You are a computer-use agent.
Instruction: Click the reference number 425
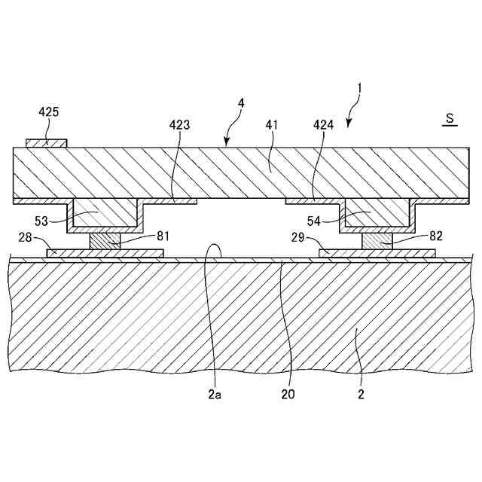click(x=49, y=112)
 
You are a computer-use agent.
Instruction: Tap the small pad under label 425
click(x=47, y=142)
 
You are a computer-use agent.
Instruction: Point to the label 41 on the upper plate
click(x=271, y=126)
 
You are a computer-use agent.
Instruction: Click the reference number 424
click(x=324, y=126)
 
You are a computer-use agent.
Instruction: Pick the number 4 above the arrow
click(x=240, y=117)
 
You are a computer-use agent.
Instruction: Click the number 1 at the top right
click(x=360, y=88)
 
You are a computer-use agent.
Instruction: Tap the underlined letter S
click(x=450, y=117)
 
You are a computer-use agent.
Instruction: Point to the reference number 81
click(x=142, y=235)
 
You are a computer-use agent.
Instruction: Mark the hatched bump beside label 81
click(x=105, y=241)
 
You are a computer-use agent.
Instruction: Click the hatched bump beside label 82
click(x=377, y=241)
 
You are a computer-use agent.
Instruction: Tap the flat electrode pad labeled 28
click(x=105, y=254)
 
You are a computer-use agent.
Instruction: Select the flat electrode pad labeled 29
click(x=377, y=254)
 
